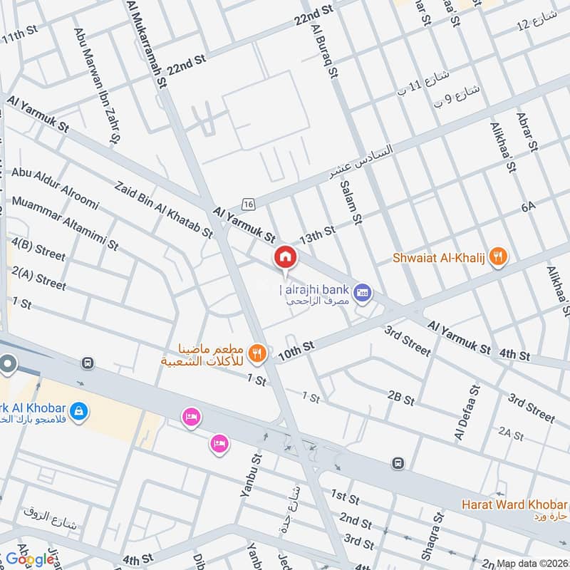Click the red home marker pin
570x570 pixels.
coord(285,256)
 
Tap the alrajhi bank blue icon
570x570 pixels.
coord(363,291)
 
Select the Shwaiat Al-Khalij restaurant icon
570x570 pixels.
coord(499,258)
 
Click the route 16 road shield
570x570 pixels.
coord(248,204)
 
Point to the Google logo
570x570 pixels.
coord(31,559)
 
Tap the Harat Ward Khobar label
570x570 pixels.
coord(513,505)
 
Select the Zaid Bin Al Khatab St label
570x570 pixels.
coord(164,209)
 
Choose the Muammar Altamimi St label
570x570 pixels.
coord(65,224)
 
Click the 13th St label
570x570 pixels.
coord(317,233)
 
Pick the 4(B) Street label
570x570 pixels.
coord(38,250)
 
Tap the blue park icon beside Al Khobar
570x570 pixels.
coord(80,410)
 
